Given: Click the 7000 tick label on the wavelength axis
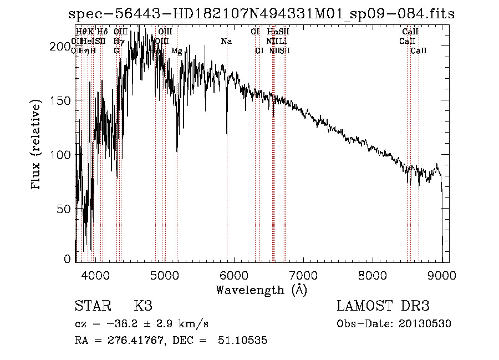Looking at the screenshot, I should point(303,276).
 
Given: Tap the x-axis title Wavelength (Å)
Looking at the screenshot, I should point(261,290).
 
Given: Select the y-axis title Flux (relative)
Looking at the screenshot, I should point(37,145).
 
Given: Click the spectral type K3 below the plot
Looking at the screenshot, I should point(142,306).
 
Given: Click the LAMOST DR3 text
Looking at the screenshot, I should point(383,306).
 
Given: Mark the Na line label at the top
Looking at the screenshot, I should point(226,42).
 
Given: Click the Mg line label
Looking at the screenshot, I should point(176,51).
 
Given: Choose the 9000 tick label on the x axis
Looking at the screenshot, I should point(442,276).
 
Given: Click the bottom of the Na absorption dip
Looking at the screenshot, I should point(227,134).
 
